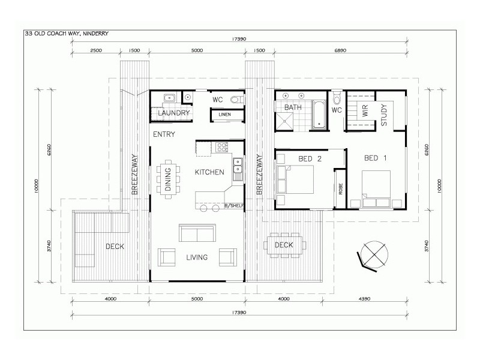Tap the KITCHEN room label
tap(209, 172)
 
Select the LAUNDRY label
tap(174, 113)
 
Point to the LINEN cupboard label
tap(224, 114)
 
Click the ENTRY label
tap(164, 134)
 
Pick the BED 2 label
tap(311, 158)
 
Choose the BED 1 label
tap(376, 158)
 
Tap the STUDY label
tap(384, 115)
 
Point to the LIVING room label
tap(196, 257)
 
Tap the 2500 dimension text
tap(96, 51)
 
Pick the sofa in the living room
tap(196, 232)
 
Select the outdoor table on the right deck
tap(284, 244)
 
